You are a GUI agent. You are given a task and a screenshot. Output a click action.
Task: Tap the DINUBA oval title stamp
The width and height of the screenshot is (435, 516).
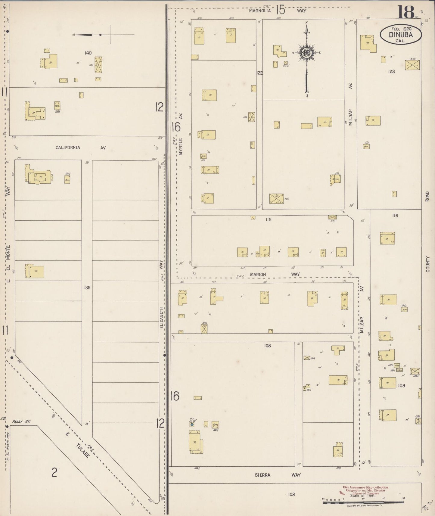coord(400,34)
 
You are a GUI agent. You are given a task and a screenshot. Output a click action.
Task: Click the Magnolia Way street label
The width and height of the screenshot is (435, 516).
coord(277,11)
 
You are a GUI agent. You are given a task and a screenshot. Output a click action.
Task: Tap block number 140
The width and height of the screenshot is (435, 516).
coord(88,53)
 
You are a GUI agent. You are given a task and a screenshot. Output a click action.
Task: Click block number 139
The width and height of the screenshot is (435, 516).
coord(87,288)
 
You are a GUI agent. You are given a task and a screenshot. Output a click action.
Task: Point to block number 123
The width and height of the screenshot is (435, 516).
coord(391,71)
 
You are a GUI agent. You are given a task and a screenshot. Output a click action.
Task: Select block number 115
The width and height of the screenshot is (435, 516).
coord(268,219)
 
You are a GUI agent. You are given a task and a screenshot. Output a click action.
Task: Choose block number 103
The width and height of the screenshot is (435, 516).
coord(291,494)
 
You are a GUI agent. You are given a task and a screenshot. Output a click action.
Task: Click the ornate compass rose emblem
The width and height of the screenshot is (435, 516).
coord(306,53)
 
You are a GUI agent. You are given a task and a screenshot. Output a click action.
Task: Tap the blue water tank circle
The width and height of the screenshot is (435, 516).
coord(191,424)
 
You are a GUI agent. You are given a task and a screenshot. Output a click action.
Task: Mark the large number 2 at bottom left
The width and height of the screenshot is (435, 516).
coord(54,473)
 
